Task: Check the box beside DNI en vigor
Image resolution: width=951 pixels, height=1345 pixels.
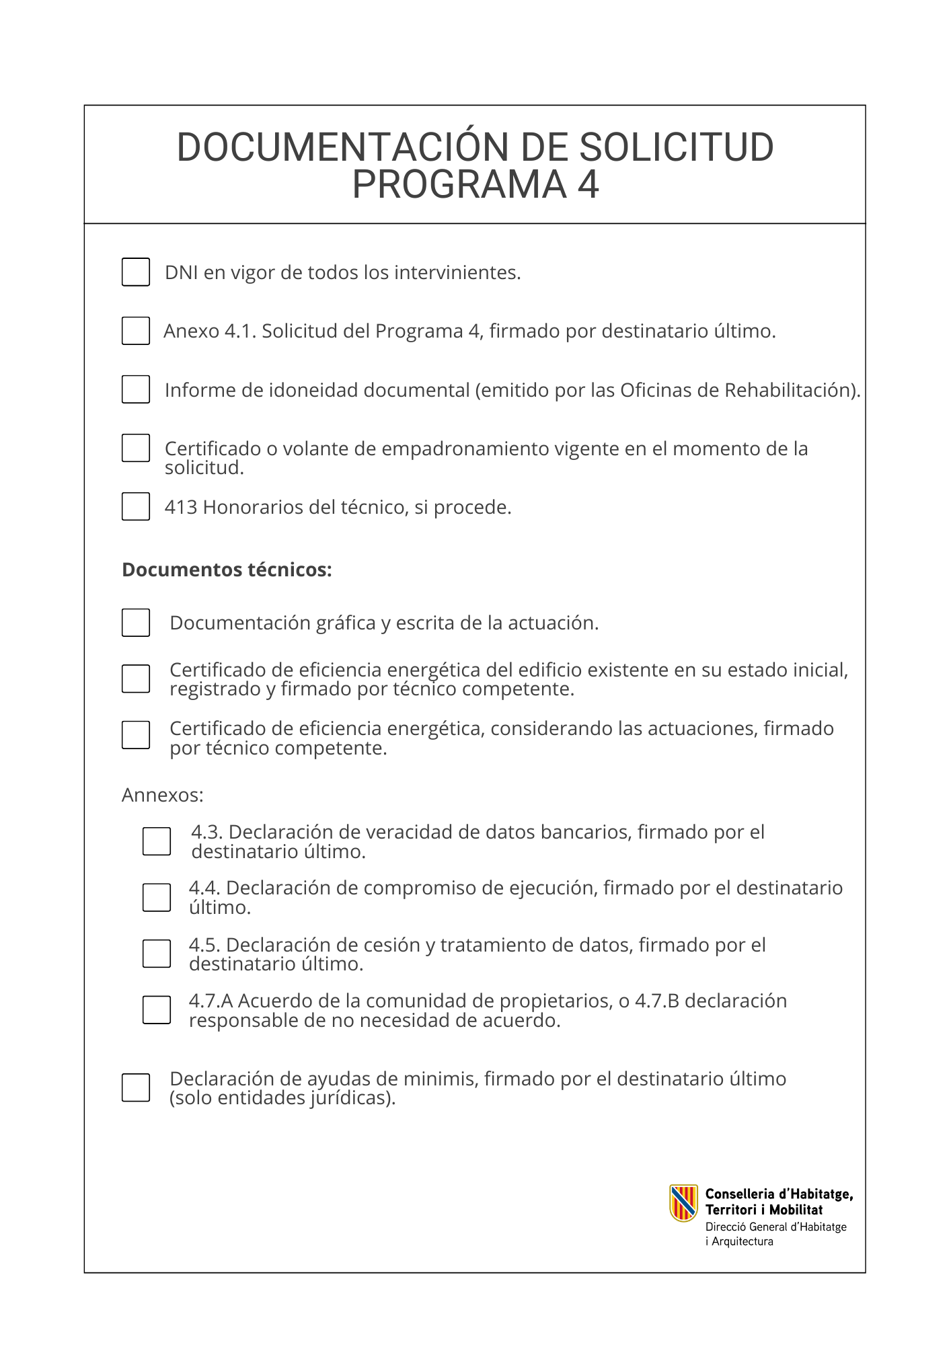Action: (x=136, y=272)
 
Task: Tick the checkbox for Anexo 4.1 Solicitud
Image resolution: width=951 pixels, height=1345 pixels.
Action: (x=136, y=331)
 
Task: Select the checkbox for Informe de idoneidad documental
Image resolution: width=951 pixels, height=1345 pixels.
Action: (x=136, y=389)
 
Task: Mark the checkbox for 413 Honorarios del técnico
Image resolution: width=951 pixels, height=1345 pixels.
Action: (x=136, y=506)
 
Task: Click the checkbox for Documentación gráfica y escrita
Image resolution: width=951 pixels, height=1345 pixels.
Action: (x=136, y=623)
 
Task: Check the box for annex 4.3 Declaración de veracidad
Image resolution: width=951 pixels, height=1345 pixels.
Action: (x=157, y=841)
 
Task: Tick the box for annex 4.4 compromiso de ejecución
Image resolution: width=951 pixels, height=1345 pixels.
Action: (x=157, y=898)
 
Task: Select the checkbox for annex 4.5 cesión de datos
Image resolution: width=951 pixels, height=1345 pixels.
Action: (x=157, y=954)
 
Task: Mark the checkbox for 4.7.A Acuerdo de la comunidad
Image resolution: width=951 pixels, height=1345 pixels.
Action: (x=157, y=1010)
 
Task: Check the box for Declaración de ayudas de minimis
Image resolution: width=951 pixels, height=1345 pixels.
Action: (x=136, y=1087)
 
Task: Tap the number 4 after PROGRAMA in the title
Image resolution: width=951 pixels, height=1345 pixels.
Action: (x=588, y=185)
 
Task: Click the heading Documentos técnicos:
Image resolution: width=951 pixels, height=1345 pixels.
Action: (x=227, y=570)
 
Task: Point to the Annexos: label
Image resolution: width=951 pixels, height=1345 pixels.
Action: (x=162, y=796)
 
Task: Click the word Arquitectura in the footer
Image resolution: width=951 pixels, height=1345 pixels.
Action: (x=743, y=1241)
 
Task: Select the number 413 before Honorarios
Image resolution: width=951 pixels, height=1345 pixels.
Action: (x=181, y=507)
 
